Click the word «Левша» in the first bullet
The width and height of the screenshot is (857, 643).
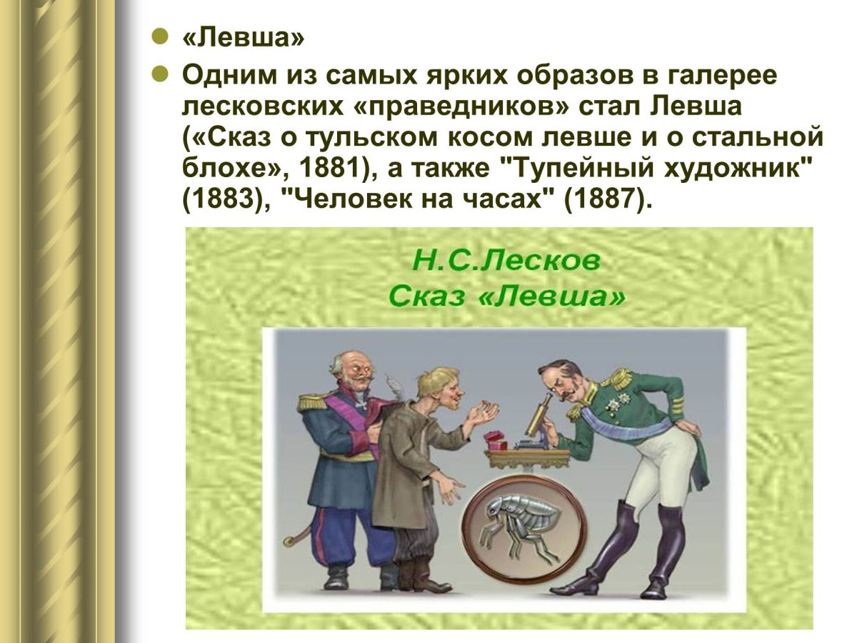[x=244, y=39]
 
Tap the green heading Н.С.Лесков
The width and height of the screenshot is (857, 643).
[x=506, y=262]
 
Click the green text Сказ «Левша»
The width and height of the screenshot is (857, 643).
[x=506, y=295]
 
